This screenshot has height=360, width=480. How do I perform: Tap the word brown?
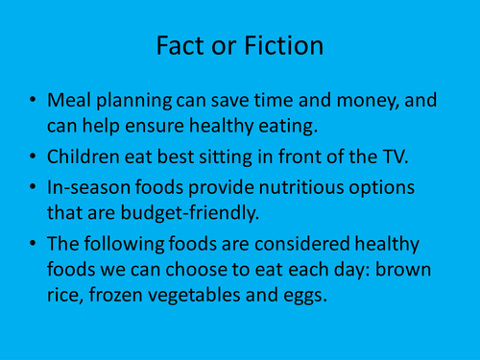420,271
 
